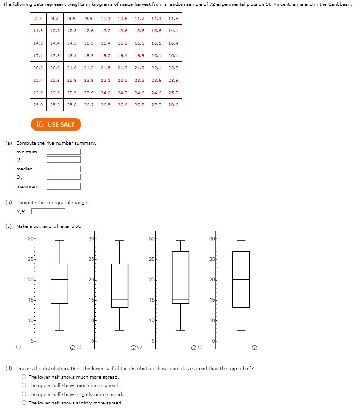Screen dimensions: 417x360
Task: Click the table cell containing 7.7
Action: click(38, 19)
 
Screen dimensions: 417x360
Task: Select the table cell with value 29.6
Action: click(173, 105)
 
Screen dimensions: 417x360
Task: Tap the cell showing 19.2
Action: click(106, 56)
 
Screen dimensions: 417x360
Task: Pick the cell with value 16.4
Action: click(173, 43)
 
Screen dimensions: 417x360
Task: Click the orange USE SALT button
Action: click(56, 124)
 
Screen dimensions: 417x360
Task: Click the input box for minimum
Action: click(64, 152)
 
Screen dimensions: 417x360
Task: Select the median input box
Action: click(64, 169)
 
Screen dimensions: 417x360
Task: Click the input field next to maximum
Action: click(64, 186)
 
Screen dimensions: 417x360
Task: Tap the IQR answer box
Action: click(48, 211)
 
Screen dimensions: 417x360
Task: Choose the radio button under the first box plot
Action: click(18, 346)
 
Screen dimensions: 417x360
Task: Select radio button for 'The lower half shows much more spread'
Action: click(24, 377)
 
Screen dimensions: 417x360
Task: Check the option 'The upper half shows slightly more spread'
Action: click(24, 394)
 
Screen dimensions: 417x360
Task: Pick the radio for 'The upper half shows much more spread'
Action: click(24, 386)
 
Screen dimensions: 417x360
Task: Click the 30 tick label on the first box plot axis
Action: click(30, 238)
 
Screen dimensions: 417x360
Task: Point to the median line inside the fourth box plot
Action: click(241, 279)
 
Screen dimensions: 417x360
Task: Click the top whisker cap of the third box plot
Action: click(180, 241)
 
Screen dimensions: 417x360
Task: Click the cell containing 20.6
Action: click(55, 68)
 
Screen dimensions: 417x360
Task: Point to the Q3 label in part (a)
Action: click(19, 178)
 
